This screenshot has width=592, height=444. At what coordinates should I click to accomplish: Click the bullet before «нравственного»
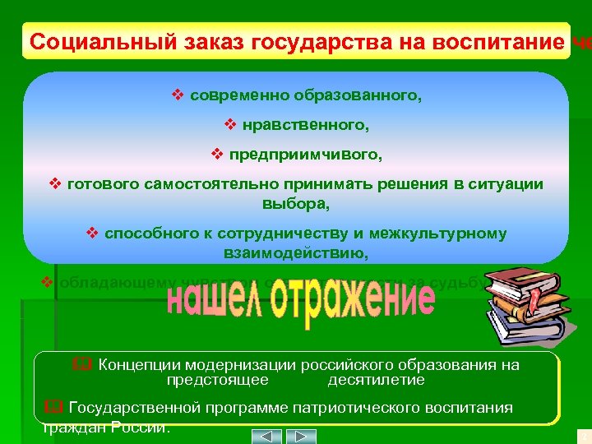tap(230, 125)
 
